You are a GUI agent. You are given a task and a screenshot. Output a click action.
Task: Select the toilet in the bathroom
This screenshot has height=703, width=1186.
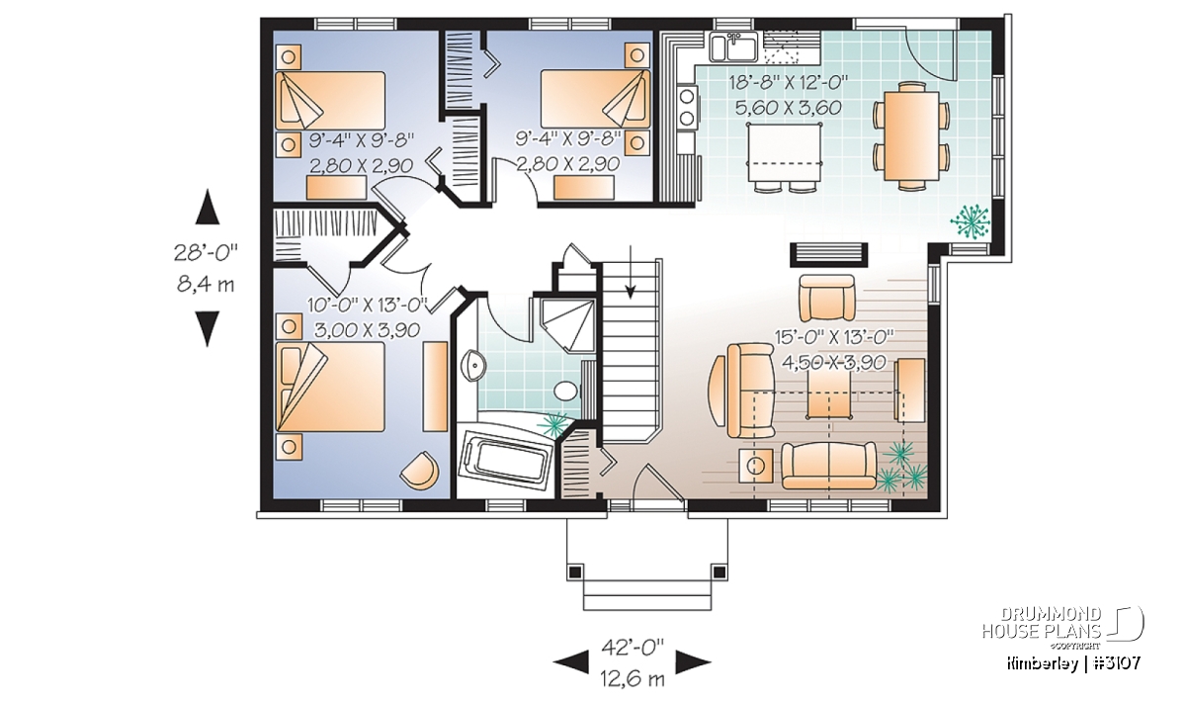(566, 392)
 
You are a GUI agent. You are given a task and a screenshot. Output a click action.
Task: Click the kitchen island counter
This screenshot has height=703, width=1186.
(784, 152)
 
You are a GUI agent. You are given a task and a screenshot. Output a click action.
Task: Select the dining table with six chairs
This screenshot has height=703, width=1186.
(910, 136)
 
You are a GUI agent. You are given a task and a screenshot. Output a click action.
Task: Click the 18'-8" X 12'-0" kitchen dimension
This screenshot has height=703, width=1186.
(789, 83)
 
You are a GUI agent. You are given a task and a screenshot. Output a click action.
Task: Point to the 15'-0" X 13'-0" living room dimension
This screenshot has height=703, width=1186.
(834, 336)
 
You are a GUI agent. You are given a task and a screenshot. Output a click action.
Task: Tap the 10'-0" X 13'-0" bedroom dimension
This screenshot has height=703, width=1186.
(368, 305)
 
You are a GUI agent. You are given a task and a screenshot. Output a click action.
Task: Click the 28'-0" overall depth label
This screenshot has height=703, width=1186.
(206, 252)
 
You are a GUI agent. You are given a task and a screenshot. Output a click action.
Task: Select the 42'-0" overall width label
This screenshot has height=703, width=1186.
(633, 648)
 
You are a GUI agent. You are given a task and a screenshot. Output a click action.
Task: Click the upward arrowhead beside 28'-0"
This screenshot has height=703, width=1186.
(207, 207)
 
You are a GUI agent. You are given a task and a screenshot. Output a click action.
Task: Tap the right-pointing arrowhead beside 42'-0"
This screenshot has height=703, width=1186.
(693, 661)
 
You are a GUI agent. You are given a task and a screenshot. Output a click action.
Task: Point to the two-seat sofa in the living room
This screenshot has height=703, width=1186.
(829, 466)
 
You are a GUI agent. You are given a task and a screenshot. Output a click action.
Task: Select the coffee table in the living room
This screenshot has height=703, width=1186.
(829, 393)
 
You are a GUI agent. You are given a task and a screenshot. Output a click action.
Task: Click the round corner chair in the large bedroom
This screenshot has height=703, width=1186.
(419, 470)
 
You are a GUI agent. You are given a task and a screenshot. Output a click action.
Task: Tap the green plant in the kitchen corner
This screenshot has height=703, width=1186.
(970, 221)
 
